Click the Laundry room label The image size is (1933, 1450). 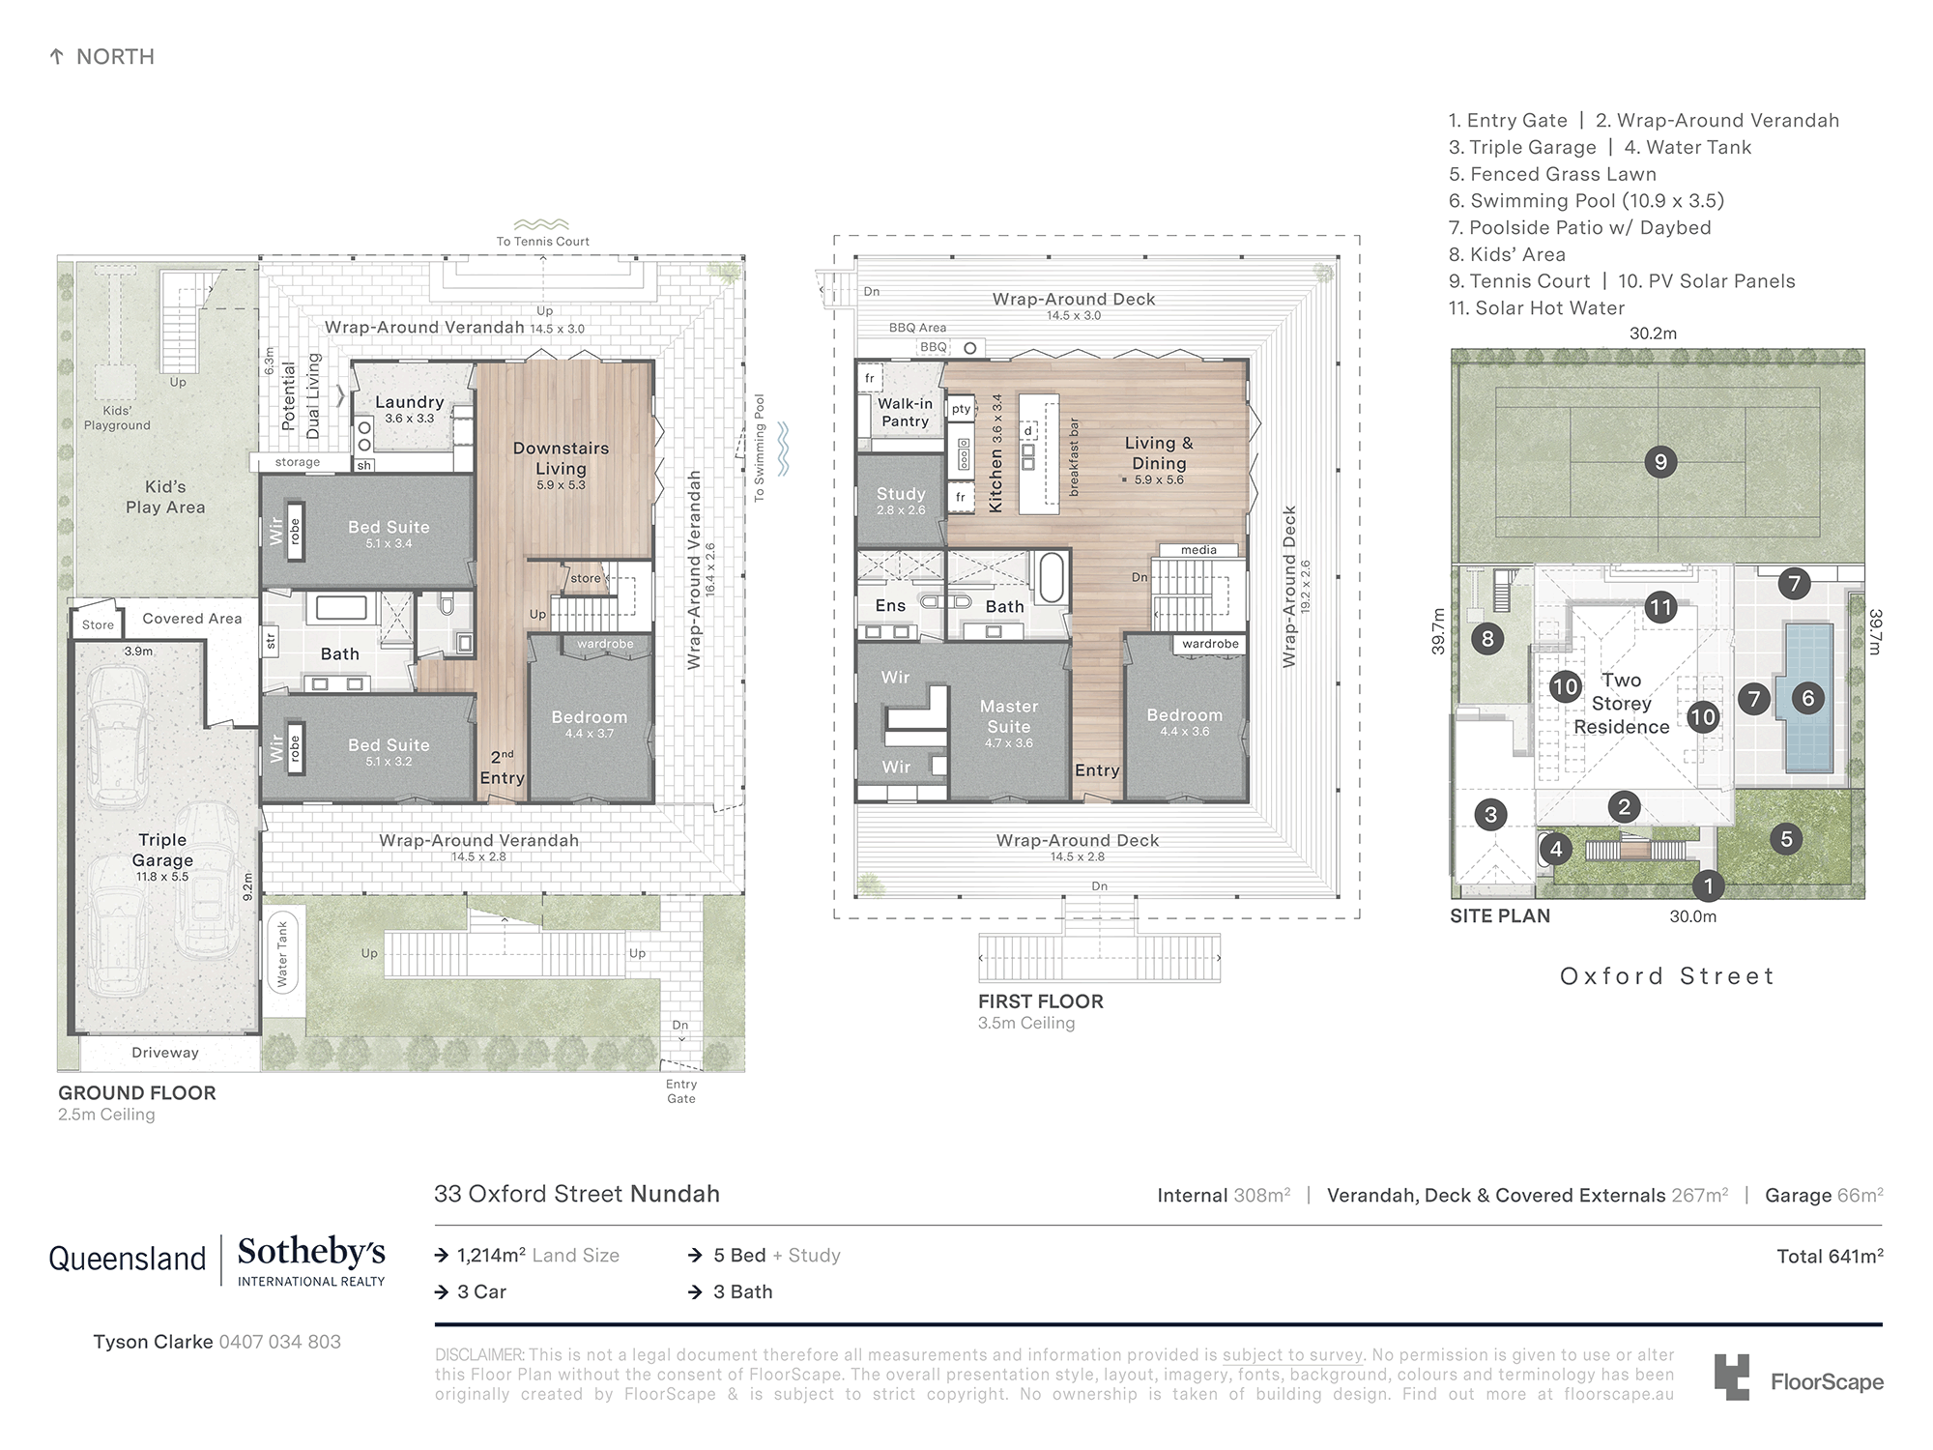click(x=410, y=402)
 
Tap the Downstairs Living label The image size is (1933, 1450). click(x=562, y=458)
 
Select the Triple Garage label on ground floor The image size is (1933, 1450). click(x=162, y=850)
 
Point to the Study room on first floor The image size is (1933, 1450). click(x=901, y=501)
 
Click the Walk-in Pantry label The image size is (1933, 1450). click(x=905, y=413)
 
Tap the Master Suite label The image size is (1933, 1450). click(x=1009, y=716)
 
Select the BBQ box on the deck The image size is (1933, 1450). click(x=934, y=347)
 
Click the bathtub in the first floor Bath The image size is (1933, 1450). click(x=1052, y=577)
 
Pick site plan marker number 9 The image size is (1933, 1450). click(x=1660, y=462)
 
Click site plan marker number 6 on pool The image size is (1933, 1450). click(x=1808, y=698)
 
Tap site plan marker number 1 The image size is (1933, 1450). click(x=1709, y=885)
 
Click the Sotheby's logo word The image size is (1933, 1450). click(x=311, y=1252)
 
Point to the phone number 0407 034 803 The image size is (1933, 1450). click(x=280, y=1342)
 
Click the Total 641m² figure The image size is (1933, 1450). click(x=1830, y=1256)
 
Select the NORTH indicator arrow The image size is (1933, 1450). click(x=56, y=57)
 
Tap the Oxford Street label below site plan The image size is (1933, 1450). click(x=1667, y=976)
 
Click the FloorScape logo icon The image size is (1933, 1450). click(x=1732, y=1377)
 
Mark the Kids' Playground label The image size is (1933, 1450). click(x=117, y=418)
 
